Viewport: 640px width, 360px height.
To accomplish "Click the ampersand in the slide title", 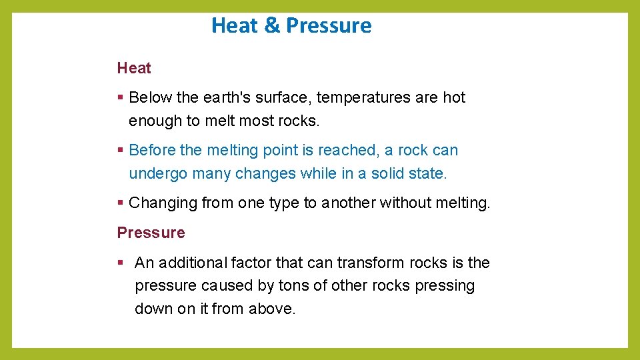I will tap(272, 25).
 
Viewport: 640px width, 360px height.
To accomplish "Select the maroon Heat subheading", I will tap(134, 68).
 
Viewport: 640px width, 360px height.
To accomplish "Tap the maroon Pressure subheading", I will tap(151, 233).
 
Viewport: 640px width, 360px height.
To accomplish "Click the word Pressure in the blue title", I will tap(329, 25).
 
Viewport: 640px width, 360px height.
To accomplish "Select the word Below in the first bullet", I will tap(150, 97).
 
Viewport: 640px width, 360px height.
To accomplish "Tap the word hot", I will tap(454, 97).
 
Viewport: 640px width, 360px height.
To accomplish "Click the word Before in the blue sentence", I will tap(153, 150).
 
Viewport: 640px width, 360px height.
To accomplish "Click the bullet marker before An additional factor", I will tap(120, 263).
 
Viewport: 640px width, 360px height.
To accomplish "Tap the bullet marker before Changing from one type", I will tap(120, 203).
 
